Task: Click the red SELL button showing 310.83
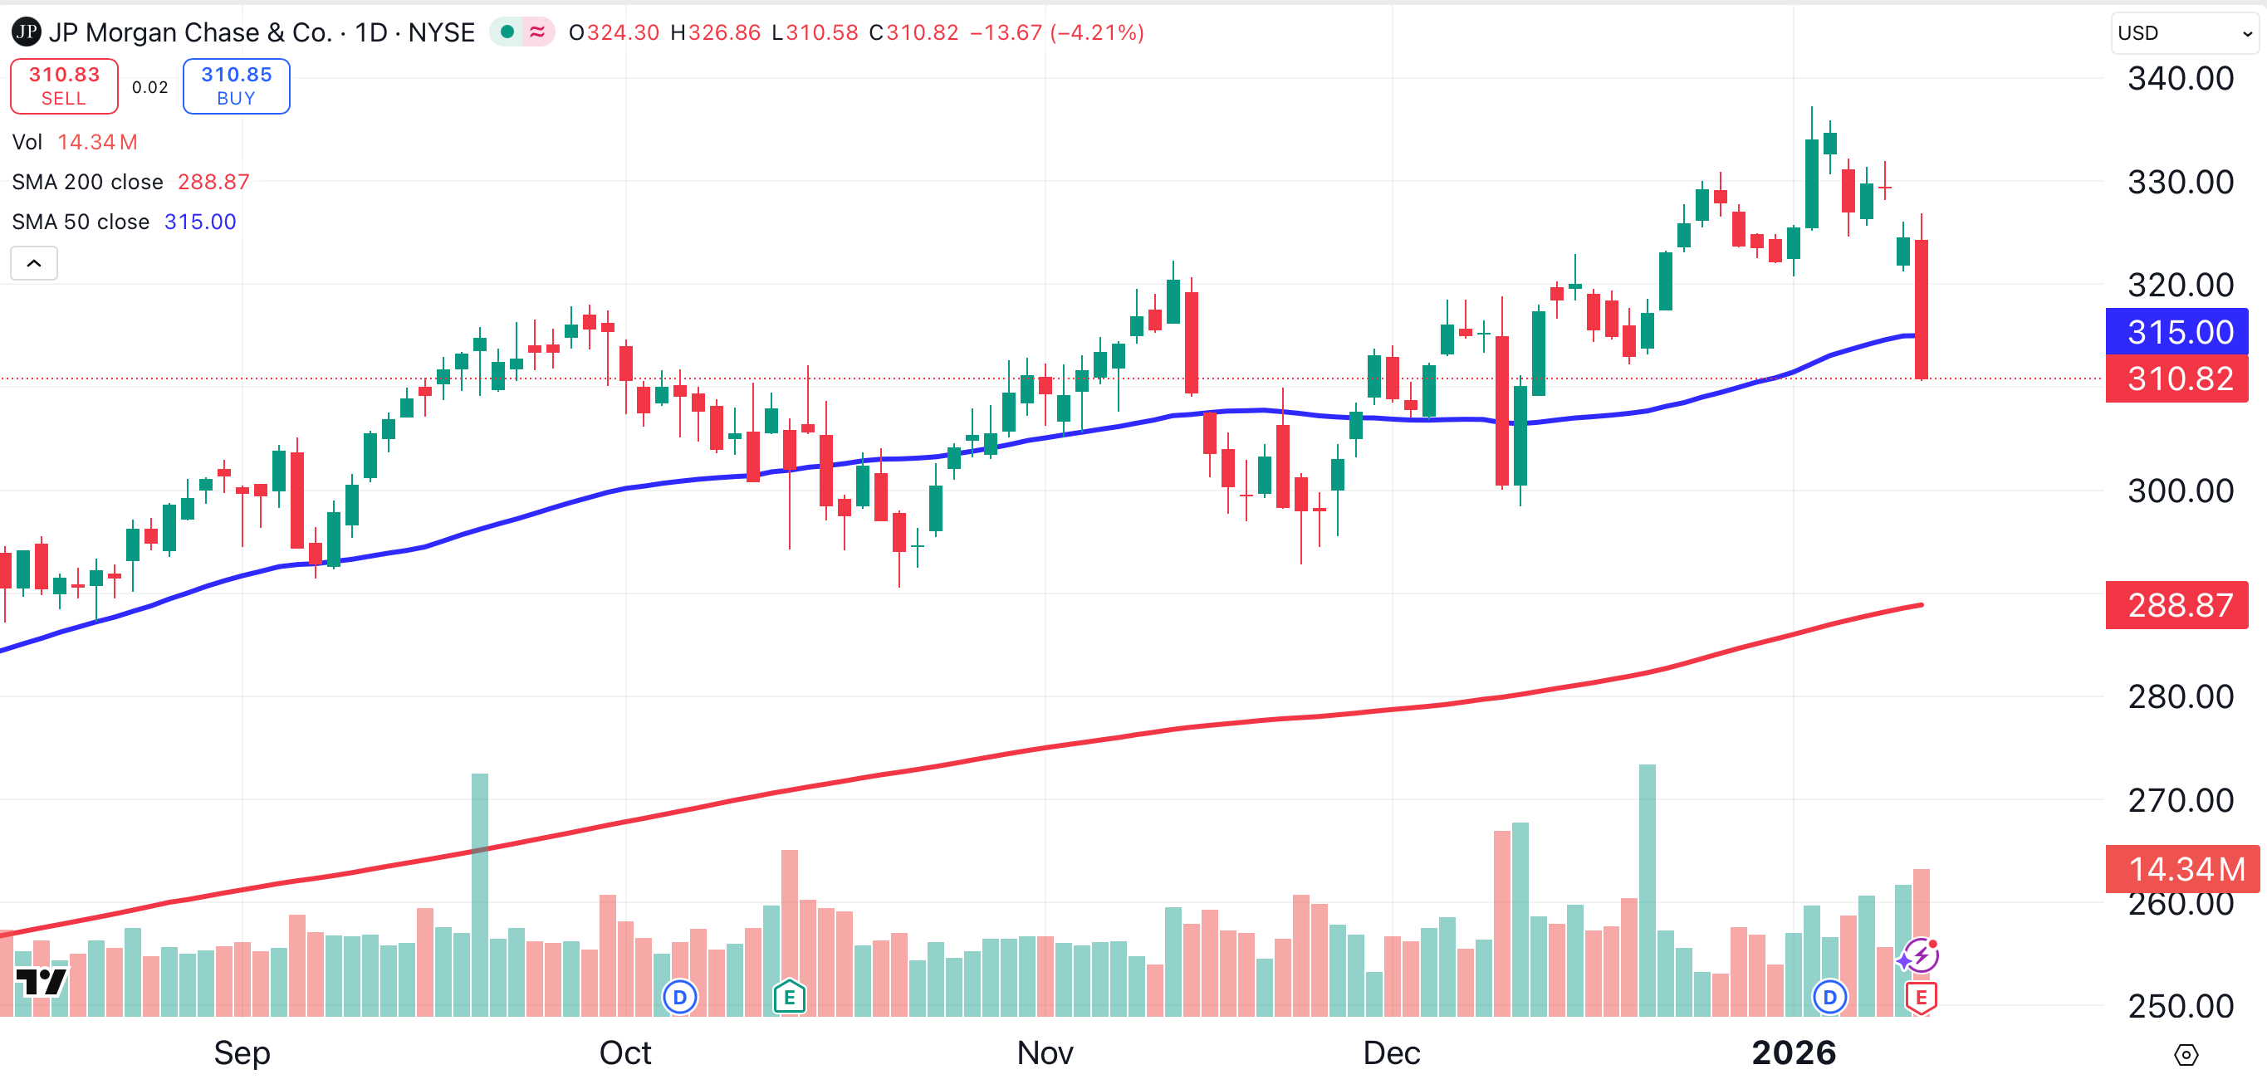click(x=63, y=86)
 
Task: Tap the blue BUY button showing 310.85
click(x=236, y=86)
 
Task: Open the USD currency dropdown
click(x=2183, y=33)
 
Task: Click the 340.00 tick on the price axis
click(x=2180, y=79)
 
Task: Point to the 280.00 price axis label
click(x=2180, y=696)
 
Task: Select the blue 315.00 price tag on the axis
click(x=2176, y=332)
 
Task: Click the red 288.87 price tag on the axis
click(x=2176, y=605)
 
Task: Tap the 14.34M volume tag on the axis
click(x=2181, y=869)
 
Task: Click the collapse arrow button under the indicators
click(x=34, y=263)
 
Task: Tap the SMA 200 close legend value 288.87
click(x=213, y=182)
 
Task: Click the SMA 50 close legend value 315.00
click(x=200, y=222)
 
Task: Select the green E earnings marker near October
click(x=790, y=997)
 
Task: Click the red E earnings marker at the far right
click(x=1920, y=998)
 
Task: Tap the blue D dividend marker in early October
click(x=679, y=998)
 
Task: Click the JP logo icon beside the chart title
click(x=26, y=32)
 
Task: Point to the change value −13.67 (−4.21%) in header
click(x=1056, y=33)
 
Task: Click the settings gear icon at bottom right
click(x=2186, y=1054)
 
